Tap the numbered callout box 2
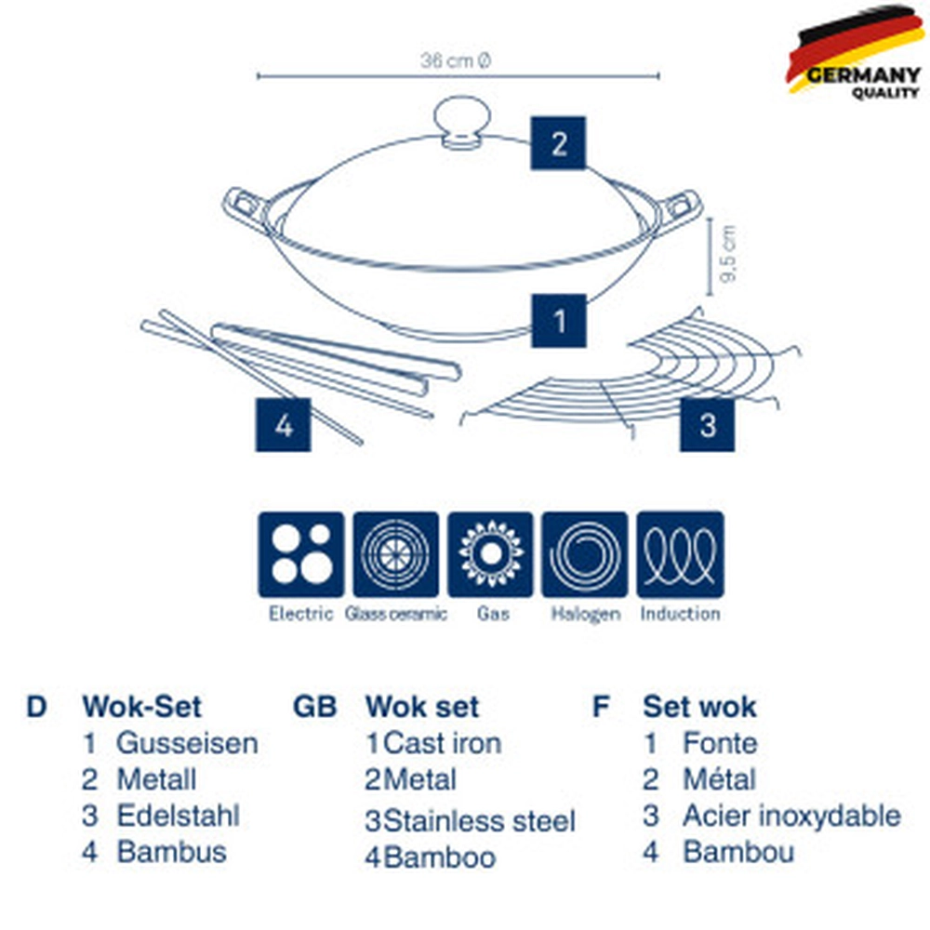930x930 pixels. click(558, 143)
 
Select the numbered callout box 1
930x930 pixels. click(559, 321)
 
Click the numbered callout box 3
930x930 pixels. click(708, 425)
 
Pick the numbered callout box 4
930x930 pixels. click(283, 425)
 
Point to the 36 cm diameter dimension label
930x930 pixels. click(456, 61)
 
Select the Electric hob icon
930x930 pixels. click(301, 554)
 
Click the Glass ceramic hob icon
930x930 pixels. click(396, 554)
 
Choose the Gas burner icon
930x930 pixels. click(490, 554)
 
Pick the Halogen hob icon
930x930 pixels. click(585, 554)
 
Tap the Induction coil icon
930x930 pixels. click(680, 554)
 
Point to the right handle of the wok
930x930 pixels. click(679, 208)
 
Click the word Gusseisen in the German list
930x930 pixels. click(187, 743)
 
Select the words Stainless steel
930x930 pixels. click(480, 821)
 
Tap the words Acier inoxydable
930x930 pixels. click(791, 817)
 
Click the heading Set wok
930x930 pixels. click(699, 706)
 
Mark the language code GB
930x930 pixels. click(315, 706)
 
